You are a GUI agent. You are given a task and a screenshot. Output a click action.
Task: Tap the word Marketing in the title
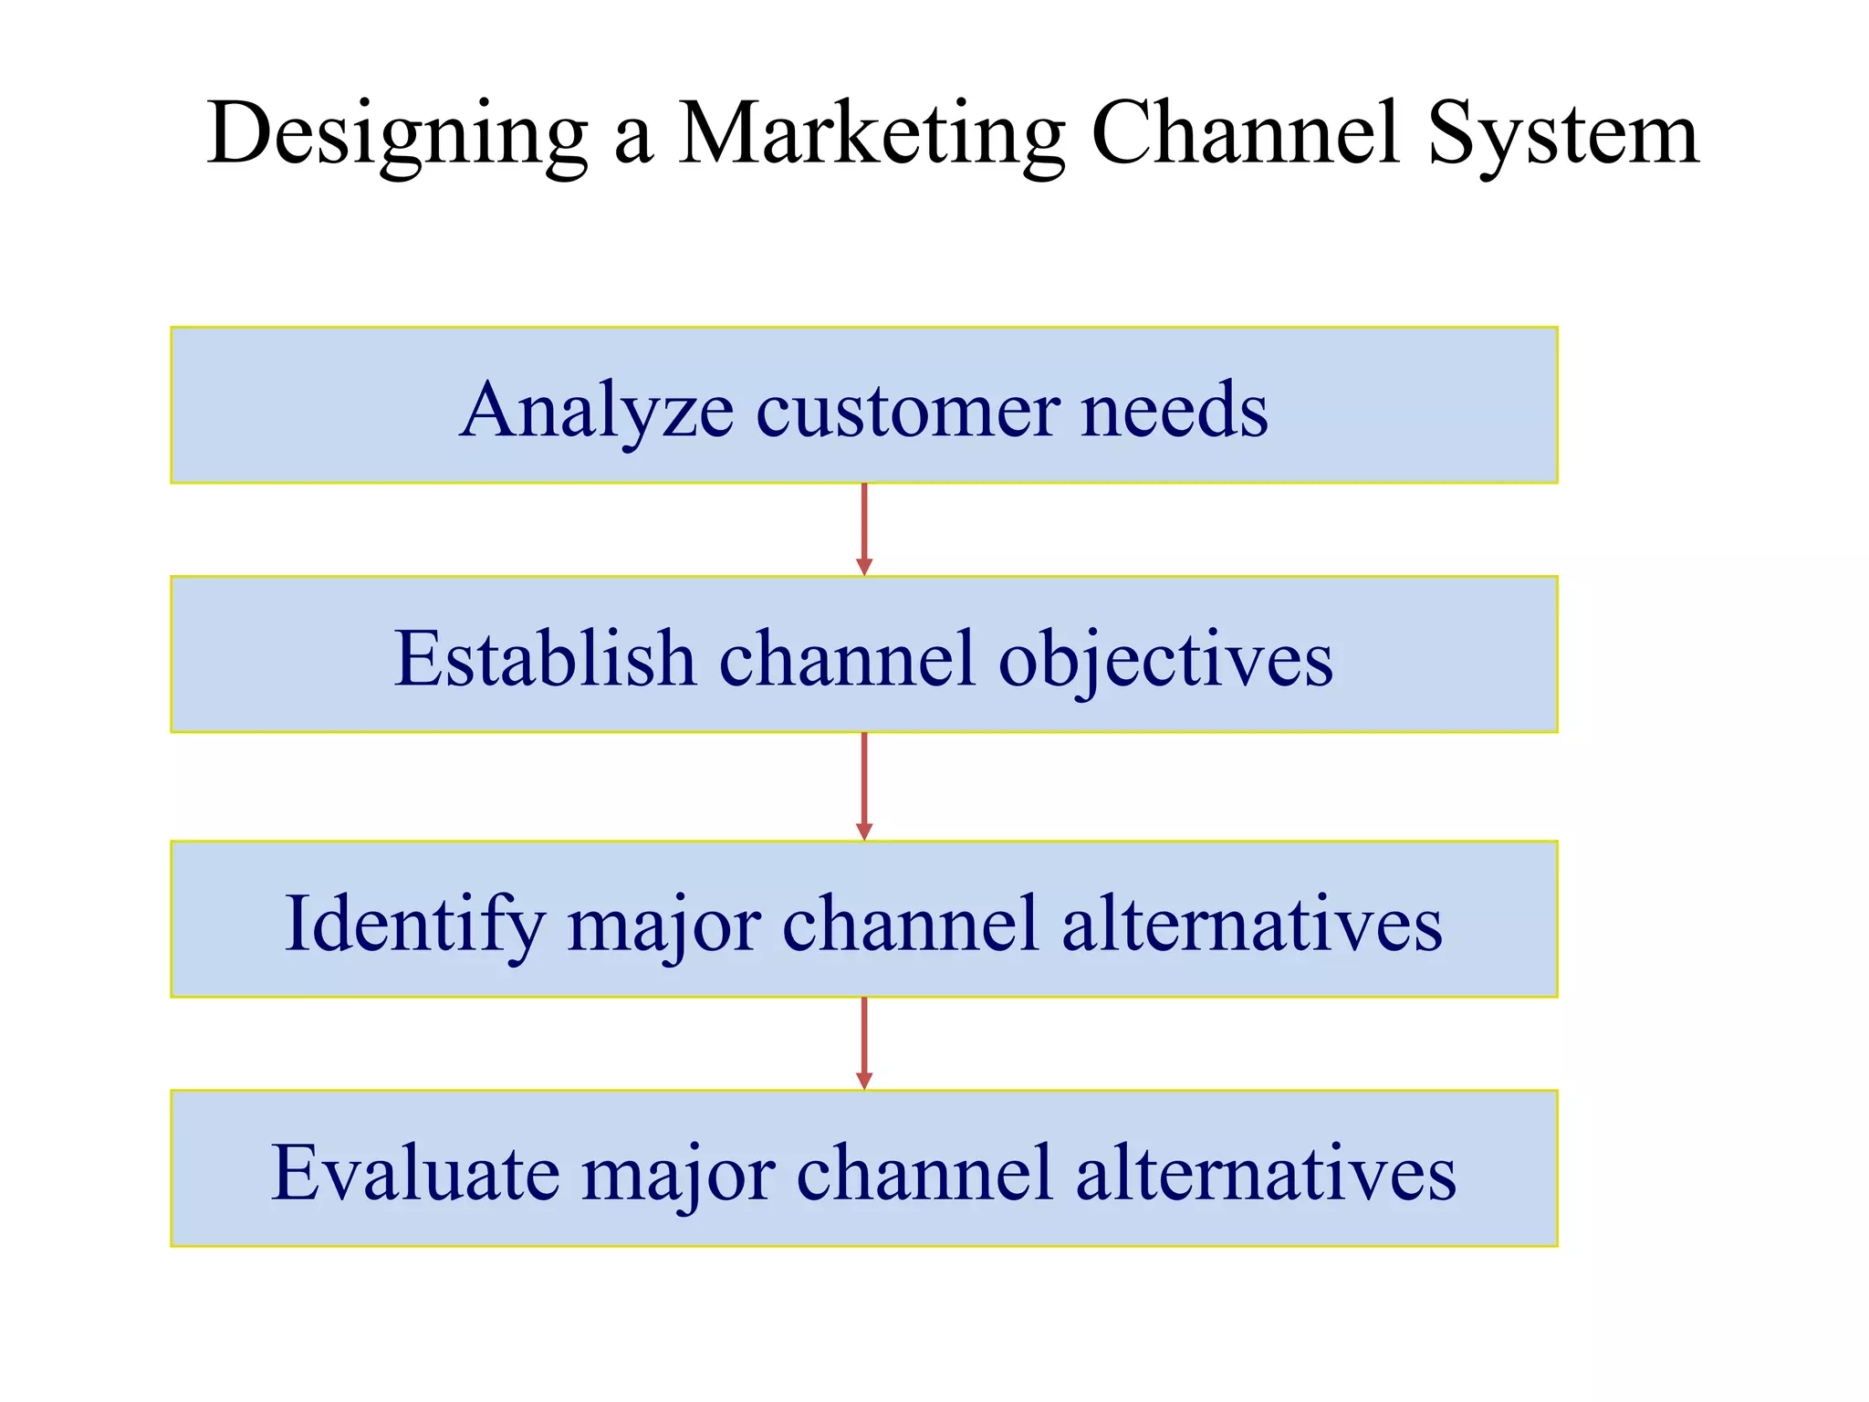tap(871, 135)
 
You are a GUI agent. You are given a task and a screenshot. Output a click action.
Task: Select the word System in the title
tap(1562, 135)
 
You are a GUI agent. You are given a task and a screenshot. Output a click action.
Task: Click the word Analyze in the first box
tap(596, 411)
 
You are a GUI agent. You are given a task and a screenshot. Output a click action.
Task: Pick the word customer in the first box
tap(907, 411)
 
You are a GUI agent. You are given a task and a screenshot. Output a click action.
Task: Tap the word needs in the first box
tap(1175, 411)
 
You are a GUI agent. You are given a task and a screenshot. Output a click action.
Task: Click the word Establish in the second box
tap(545, 659)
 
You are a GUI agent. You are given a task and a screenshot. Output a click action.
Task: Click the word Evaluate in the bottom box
tap(415, 1173)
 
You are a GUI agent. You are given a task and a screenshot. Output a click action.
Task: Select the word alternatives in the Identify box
tap(1252, 924)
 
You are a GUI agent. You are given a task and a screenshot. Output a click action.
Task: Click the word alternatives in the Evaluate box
tap(1266, 1173)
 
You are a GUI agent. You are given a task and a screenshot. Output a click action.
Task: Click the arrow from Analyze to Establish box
tap(864, 529)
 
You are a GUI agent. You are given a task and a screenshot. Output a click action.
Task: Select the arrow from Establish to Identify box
tap(864, 786)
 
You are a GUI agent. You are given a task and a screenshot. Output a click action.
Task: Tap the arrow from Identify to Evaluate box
tap(864, 1043)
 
